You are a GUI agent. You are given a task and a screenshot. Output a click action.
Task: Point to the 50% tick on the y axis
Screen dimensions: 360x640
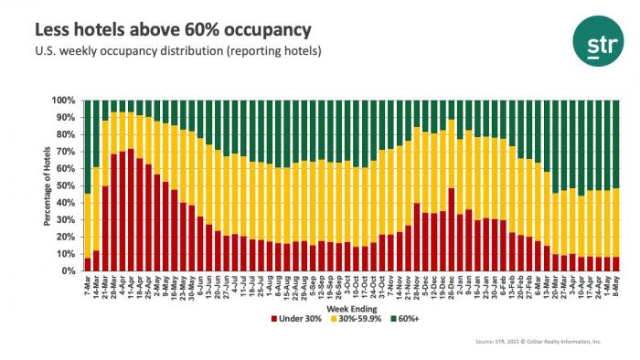68,185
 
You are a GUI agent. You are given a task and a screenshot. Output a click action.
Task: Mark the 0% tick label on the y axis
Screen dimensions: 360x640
69,271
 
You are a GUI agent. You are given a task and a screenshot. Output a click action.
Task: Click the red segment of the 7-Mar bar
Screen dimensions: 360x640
87,264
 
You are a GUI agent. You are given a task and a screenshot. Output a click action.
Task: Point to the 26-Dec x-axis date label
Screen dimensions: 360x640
450,287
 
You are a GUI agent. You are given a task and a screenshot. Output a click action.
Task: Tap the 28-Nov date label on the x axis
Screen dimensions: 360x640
414,287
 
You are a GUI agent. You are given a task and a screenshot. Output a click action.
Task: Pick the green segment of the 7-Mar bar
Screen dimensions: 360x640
87,146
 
